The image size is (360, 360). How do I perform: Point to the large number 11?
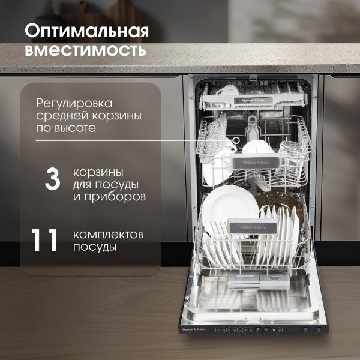click(x=45, y=239)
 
